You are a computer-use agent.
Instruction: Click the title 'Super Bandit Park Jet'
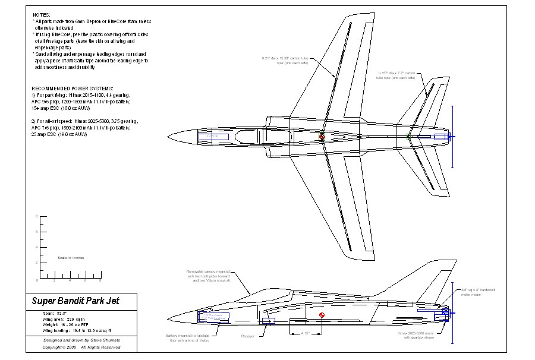[75, 301]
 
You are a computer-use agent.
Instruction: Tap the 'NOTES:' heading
[41, 13]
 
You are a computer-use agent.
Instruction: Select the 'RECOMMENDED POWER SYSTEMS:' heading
[72, 88]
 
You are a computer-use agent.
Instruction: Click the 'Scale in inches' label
[70, 258]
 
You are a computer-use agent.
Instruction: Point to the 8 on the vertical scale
[37, 216]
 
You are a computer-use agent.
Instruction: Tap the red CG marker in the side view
[322, 315]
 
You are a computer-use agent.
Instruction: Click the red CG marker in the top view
[322, 138]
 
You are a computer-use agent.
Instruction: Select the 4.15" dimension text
[306, 333]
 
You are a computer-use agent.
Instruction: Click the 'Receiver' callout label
[248, 336]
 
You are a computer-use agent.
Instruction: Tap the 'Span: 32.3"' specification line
[56, 313]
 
